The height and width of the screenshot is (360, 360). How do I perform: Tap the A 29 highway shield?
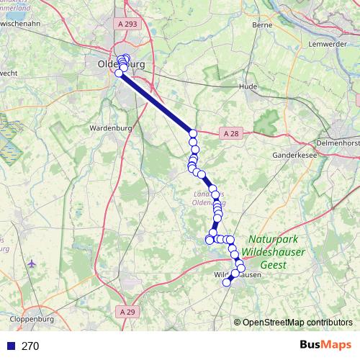point(127,311)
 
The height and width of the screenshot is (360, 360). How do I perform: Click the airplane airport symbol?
point(31,264)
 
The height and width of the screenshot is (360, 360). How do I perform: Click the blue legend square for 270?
point(10,346)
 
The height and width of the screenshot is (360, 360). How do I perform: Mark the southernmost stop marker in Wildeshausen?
point(227,282)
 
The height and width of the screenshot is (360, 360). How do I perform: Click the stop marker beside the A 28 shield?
point(192,133)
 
